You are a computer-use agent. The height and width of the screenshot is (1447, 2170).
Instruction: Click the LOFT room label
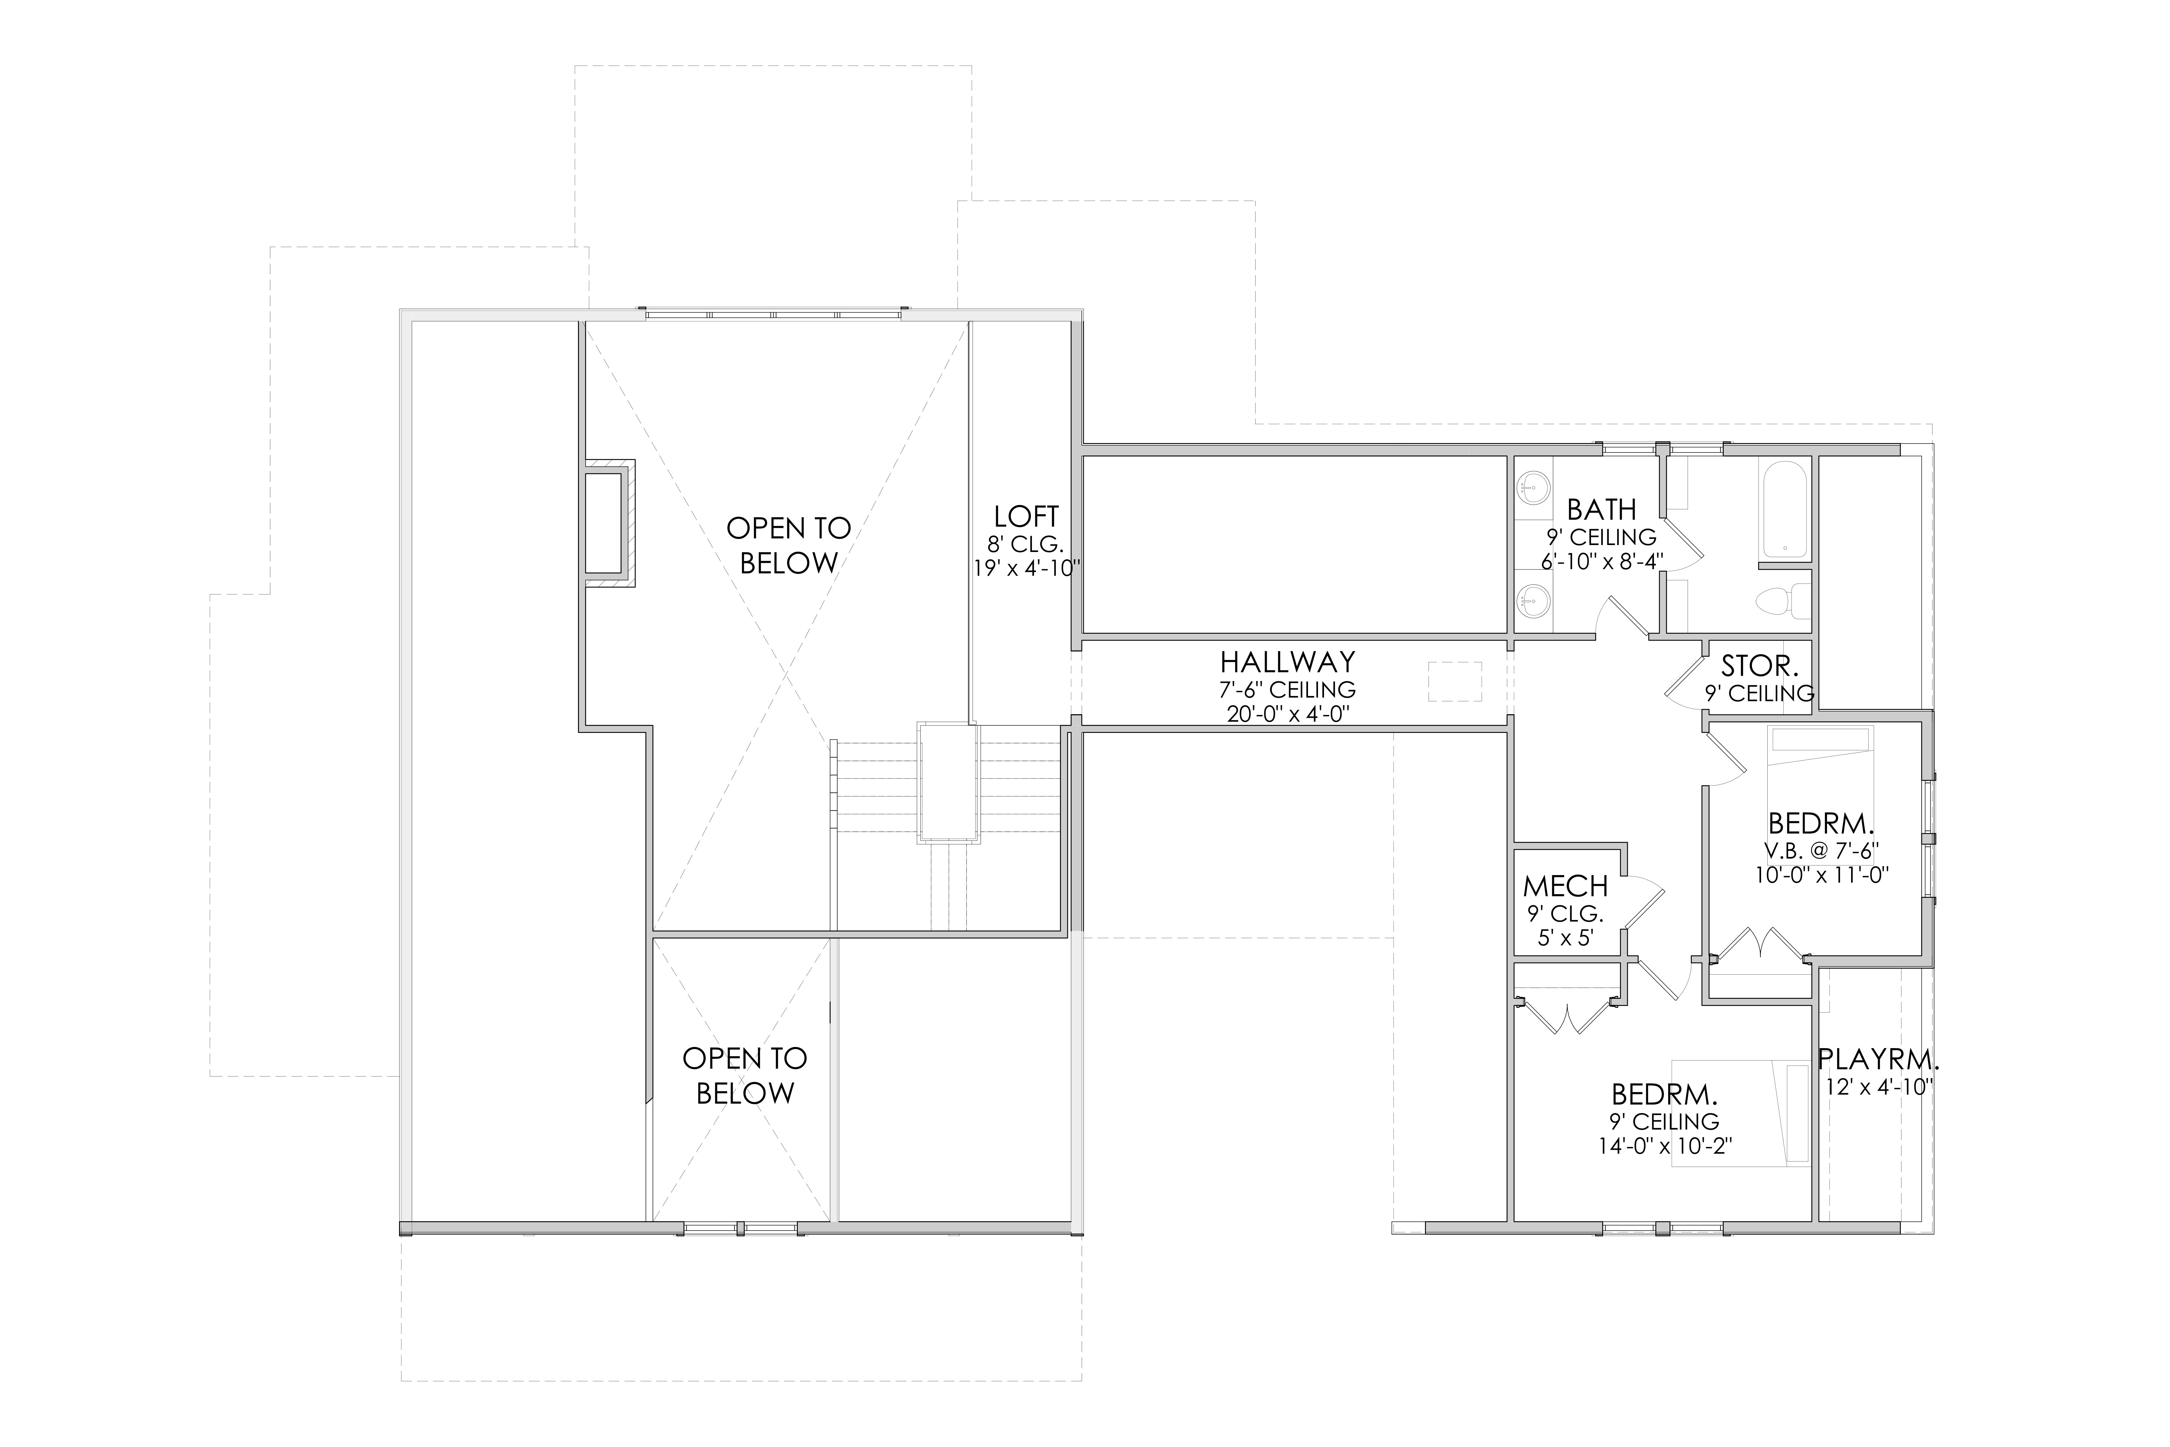[1026, 516]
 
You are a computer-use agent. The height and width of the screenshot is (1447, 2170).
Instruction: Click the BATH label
[1602, 509]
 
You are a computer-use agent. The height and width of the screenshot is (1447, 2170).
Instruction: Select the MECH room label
[1566, 887]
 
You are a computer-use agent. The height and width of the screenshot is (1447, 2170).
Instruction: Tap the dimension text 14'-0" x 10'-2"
[1665, 1146]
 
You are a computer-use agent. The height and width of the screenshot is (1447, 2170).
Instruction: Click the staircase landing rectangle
[948, 783]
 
